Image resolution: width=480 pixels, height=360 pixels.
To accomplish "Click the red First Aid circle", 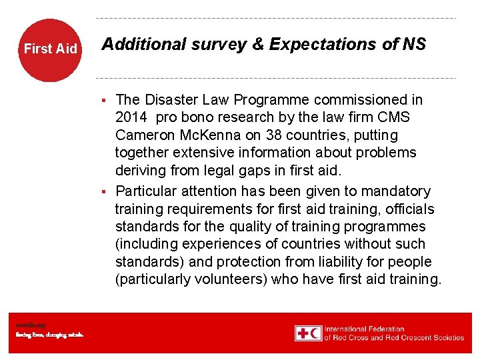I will (x=50, y=49).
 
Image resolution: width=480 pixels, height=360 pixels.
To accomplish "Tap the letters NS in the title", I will (x=414, y=45).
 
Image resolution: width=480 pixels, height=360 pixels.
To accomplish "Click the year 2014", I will (x=131, y=117).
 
